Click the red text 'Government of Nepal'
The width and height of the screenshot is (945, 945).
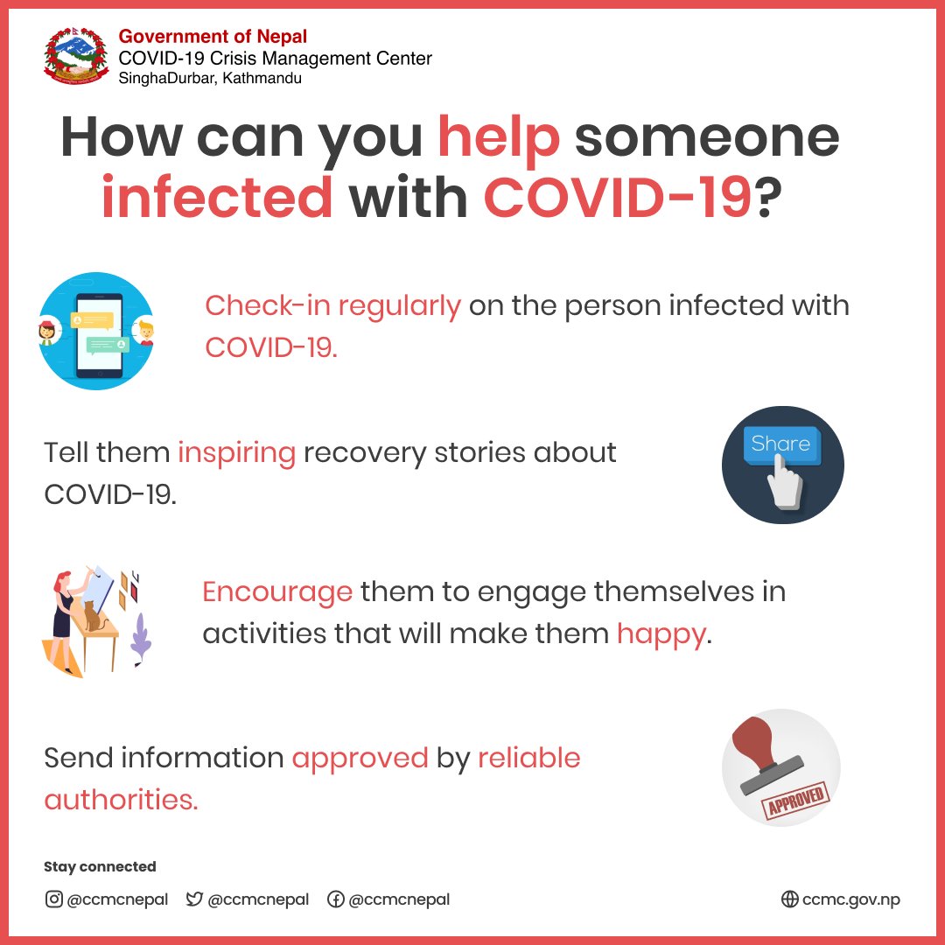click(x=213, y=38)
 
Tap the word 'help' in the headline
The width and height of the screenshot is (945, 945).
click(x=498, y=137)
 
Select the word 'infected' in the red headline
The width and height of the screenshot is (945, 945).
click(x=217, y=199)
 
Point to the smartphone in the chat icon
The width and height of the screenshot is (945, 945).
click(x=98, y=331)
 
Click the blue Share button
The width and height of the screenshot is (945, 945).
click(x=780, y=444)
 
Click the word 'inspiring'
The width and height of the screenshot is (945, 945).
click(x=236, y=453)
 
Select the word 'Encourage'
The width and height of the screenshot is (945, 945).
click(x=276, y=592)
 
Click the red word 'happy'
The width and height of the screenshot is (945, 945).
click(x=661, y=633)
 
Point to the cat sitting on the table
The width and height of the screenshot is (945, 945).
click(x=92, y=616)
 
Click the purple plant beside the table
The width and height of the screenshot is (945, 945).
click(x=141, y=641)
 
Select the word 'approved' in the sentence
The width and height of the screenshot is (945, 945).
click(x=360, y=758)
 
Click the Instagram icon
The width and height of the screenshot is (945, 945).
click(x=53, y=899)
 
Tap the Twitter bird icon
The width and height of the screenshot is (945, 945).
click(x=194, y=899)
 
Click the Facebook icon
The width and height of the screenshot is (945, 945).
click(x=334, y=899)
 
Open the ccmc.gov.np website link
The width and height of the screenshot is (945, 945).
click(x=840, y=899)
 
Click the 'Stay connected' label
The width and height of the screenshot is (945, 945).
click(x=100, y=867)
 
